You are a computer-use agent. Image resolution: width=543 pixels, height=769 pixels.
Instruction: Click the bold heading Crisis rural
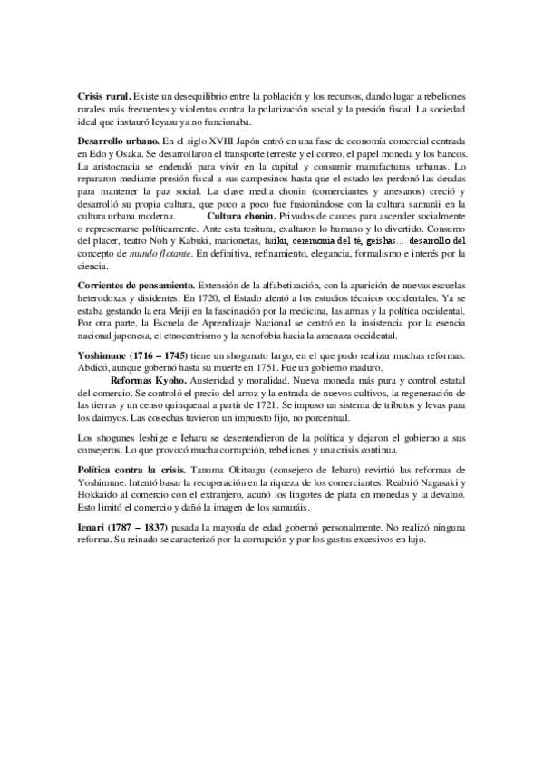103,96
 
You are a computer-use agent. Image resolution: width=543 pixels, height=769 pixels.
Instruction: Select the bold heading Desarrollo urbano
118,143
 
